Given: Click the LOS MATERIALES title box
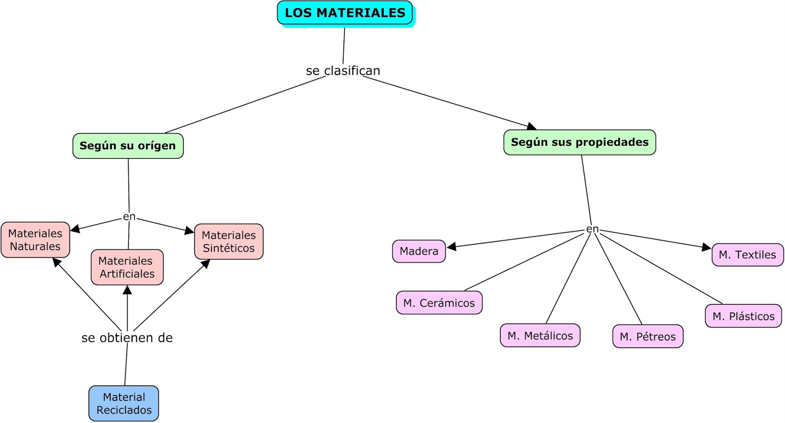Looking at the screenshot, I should pos(345,13).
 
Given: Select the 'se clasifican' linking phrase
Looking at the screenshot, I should pos(343,71).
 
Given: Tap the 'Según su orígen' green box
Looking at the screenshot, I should pos(128,146).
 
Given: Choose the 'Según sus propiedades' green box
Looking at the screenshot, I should pos(579,142).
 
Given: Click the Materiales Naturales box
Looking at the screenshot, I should pos(35,240).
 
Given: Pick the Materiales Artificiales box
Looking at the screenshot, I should pos(127,267).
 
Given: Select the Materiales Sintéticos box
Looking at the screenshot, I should pos(229,242).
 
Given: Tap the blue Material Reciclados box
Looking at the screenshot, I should pos(124,403).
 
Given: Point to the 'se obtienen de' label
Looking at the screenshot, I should pos(127,338).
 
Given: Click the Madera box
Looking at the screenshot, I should pos(419,251).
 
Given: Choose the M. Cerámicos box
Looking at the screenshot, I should pos(439,303).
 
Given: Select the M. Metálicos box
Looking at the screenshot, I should pos(540,336).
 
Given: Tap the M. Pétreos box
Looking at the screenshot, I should pos(648,337).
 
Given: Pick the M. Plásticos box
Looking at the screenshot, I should pos(743,317).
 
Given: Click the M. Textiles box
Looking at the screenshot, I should pos(747,255).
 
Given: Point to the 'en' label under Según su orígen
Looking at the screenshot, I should pos(129,216).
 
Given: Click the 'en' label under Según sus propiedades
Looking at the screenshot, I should pos(592,229).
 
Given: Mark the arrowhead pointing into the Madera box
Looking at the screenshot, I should pos(451,246).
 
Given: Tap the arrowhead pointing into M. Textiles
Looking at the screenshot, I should pos(707,247).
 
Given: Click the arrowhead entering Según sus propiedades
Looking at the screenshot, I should pos(531,127).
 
